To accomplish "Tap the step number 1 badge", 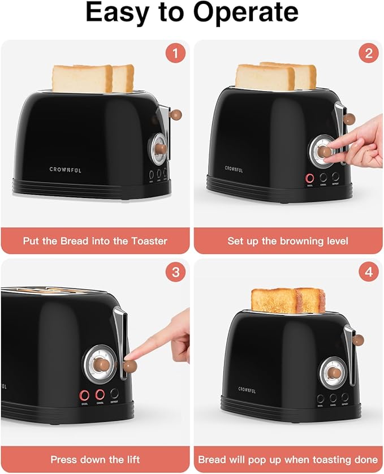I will (x=175, y=54).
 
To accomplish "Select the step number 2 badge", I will (x=369, y=54).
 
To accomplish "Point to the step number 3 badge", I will (x=175, y=273).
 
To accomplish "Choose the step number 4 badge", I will (x=369, y=273).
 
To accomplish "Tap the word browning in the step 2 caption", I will (x=298, y=241).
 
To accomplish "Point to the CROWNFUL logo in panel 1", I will (x=66, y=170).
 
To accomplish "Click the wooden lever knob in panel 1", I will (x=177, y=114).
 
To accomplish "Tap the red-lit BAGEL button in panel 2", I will (x=310, y=178).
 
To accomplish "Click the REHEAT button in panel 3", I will (x=115, y=395).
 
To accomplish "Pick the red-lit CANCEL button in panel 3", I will (x=100, y=395).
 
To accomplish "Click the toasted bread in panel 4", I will (x=288, y=300).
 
